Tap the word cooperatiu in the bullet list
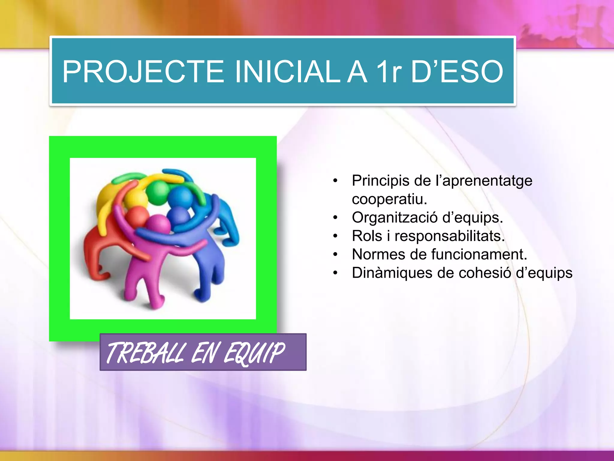[x=389, y=199]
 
